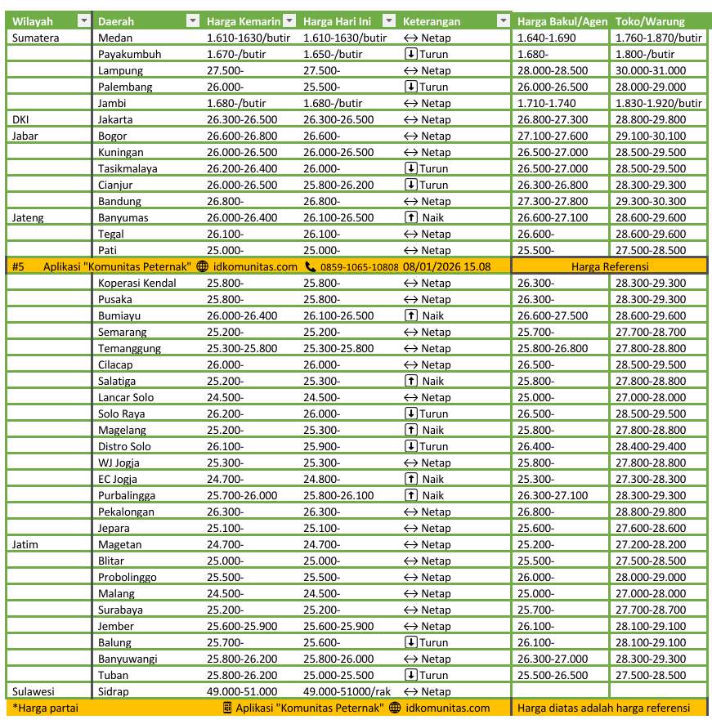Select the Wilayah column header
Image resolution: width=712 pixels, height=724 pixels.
[x=32, y=21]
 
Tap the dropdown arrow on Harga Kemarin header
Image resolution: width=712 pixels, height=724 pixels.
[x=289, y=21]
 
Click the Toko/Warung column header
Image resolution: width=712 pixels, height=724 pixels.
[x=650, y=21]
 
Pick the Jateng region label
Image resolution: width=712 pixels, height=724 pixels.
[x=29, y=217]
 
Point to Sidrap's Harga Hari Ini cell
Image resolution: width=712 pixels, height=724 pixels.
[x=347, y=691]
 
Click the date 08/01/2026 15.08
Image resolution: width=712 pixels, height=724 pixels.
[x=447, y=266]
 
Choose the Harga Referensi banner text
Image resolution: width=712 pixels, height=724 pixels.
[x=611, y=266]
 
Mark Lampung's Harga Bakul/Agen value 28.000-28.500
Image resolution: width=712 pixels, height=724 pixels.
[x=552, y=70]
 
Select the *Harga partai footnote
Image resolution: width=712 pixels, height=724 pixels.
[x=39, y=708]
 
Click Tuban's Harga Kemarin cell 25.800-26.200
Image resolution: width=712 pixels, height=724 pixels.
[x=242, y=675]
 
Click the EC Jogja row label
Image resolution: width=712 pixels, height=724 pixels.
[x=119, y=479]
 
